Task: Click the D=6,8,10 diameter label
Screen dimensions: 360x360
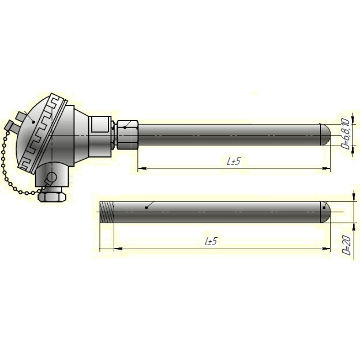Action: coord(346,134)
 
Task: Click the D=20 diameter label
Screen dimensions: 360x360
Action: coord(347,245)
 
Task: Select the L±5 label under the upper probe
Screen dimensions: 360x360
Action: coord(234,161)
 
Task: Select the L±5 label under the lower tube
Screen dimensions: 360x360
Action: coord(211,241)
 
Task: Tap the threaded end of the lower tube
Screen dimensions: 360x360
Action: coord(107,212)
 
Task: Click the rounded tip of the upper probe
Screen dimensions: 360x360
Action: coord(325,135)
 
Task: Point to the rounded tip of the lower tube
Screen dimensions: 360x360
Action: coord(325,212)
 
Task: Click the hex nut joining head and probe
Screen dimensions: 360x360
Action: coord(127,135)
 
